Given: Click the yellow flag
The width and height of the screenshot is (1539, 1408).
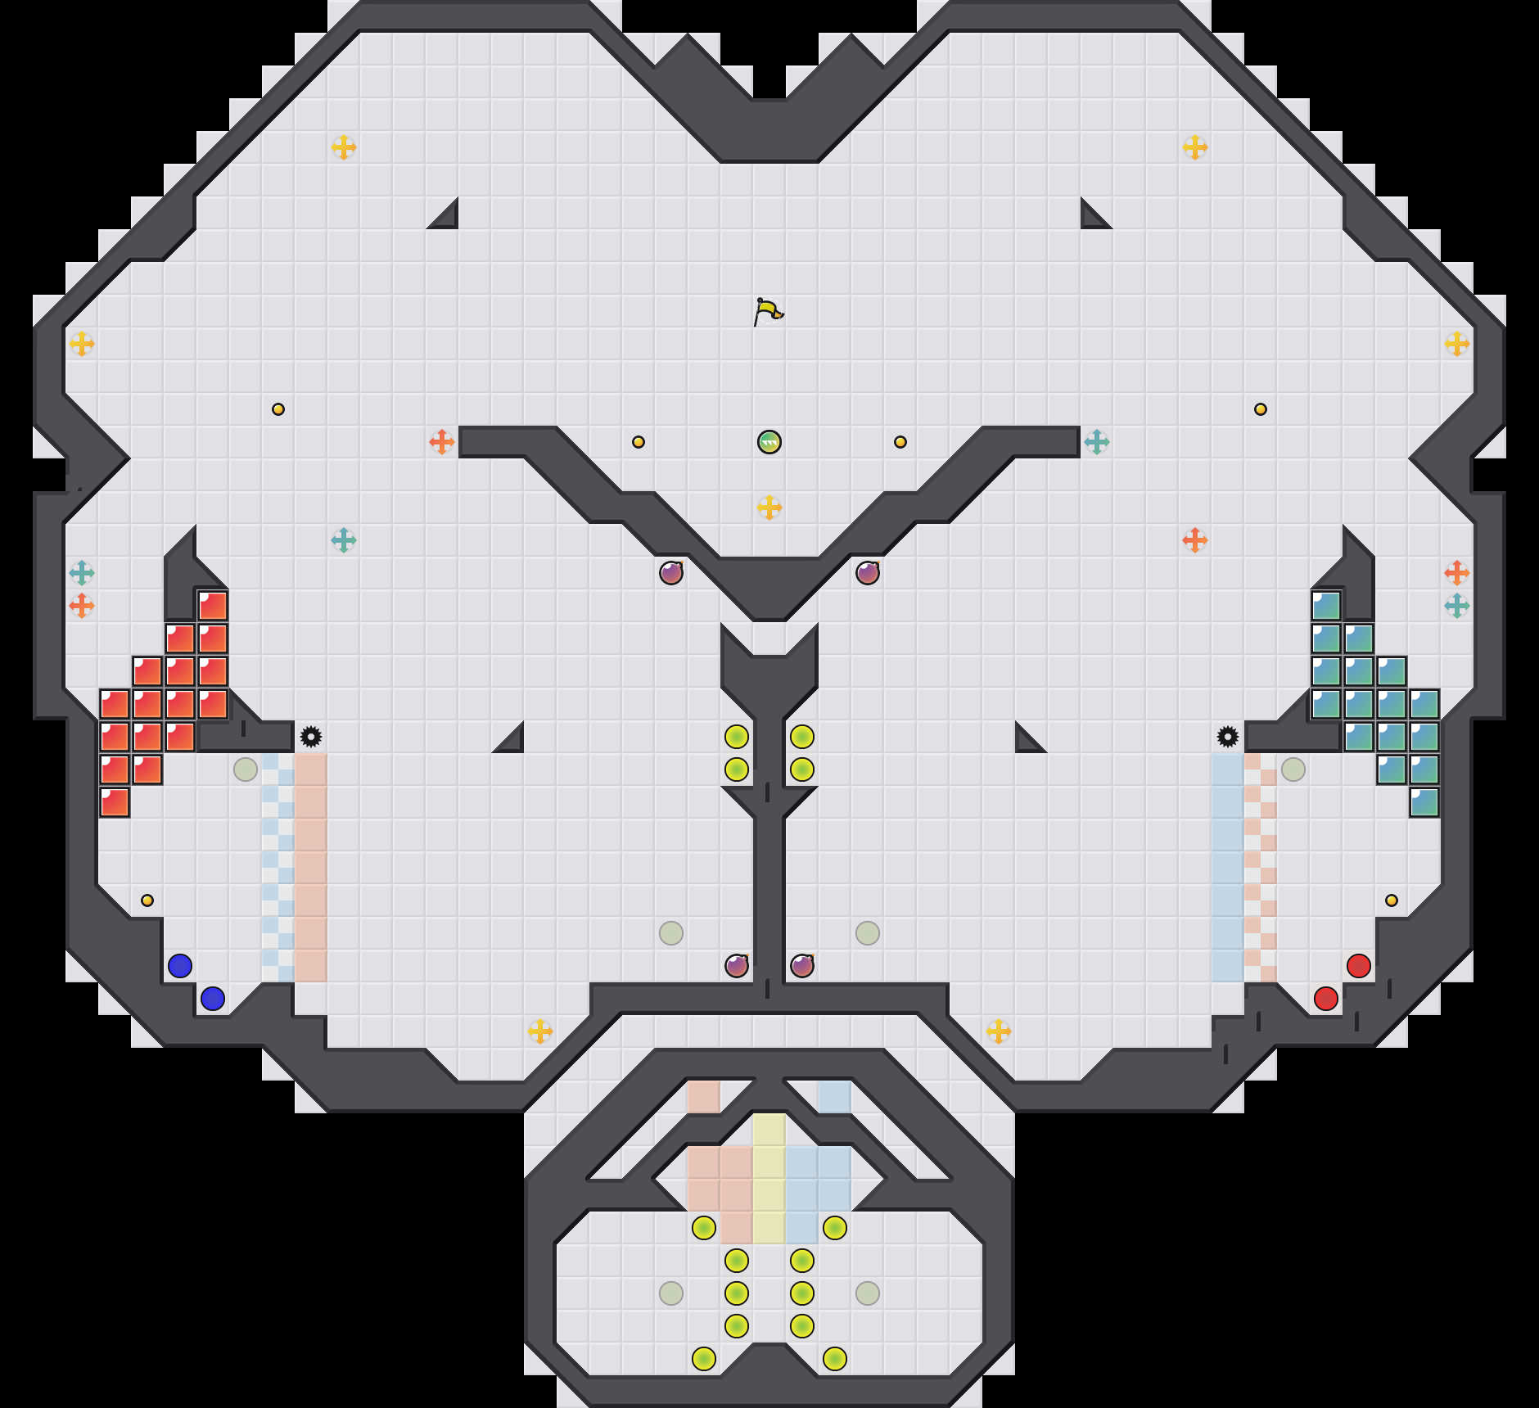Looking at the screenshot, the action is (x=767, y=312).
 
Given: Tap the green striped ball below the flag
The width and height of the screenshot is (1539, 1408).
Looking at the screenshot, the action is (x=769, y=442).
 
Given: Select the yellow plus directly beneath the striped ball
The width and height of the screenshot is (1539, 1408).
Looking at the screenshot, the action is (x=769, y=508).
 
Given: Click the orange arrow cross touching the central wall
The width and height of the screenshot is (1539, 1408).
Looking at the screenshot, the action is (x=442, y=442).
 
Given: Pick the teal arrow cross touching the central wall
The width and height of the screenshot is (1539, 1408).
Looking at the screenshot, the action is (x=1097, y=442).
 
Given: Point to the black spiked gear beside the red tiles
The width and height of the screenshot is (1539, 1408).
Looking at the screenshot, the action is (x=311, y=737).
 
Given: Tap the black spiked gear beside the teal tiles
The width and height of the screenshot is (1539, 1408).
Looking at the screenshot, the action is (x=1228, y=737).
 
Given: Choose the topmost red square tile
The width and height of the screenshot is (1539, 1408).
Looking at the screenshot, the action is (x=213, y=606).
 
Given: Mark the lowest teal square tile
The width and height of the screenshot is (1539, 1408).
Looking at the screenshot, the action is (x=1424, y=802).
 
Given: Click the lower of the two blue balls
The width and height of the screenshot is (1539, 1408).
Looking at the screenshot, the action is (x=213, y=999).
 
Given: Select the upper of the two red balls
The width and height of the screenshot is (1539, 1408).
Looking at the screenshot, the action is (x=1359, y=966).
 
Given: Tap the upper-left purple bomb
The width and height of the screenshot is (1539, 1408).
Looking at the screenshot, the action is (x=671, y=573).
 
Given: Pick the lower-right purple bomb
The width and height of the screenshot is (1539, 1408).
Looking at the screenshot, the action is (x=802, y=966).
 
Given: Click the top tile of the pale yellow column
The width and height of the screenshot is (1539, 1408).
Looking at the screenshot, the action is (x=769, y=1130).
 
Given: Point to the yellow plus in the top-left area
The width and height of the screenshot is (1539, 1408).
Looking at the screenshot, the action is (x=344, y=147).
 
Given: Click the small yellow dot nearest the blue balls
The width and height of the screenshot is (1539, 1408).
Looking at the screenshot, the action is (x=147, y=900).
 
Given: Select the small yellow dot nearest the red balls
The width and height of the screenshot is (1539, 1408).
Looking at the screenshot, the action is (x=1392, y=900).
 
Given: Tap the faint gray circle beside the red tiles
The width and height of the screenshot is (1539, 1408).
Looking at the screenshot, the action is (x=246, y=769).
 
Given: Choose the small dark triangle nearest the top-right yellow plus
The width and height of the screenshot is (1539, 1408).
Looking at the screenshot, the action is (x=1092, y=218).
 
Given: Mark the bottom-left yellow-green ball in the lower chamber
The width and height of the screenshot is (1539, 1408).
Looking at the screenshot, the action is (x=704, y=1359).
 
